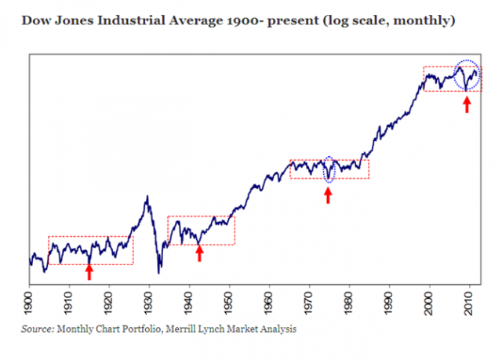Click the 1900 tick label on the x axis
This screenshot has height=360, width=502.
(x=29, y=302)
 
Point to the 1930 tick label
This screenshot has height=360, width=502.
(x=149, y=302)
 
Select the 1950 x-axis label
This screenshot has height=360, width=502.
(x=229, y=302)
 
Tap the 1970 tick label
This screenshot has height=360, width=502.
(x=309, y=302)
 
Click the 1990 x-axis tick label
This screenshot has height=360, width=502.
(x=389, y=302)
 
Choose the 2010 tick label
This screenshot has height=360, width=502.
(x=469, y=302)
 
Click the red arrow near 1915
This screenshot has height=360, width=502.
(x=89, y=271)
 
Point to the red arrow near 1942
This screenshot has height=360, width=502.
(x=199, y=253)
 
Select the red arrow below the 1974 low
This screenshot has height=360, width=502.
(x=328, y=195)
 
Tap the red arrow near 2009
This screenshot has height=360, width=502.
(x=467, y=103)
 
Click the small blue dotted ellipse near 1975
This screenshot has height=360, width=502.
(x=329, y=169)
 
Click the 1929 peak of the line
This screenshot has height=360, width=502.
(x=147, y=196)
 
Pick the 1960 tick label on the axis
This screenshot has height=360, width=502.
(x=269, y=302)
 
